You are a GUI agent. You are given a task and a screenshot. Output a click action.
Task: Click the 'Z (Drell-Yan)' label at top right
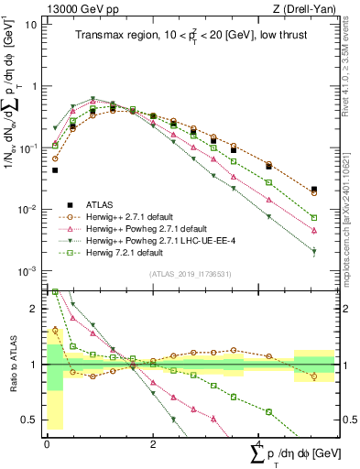310,8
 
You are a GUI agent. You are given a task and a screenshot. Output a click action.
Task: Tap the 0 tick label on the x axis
47,444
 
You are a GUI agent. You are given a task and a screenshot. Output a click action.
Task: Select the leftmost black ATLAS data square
55,169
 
